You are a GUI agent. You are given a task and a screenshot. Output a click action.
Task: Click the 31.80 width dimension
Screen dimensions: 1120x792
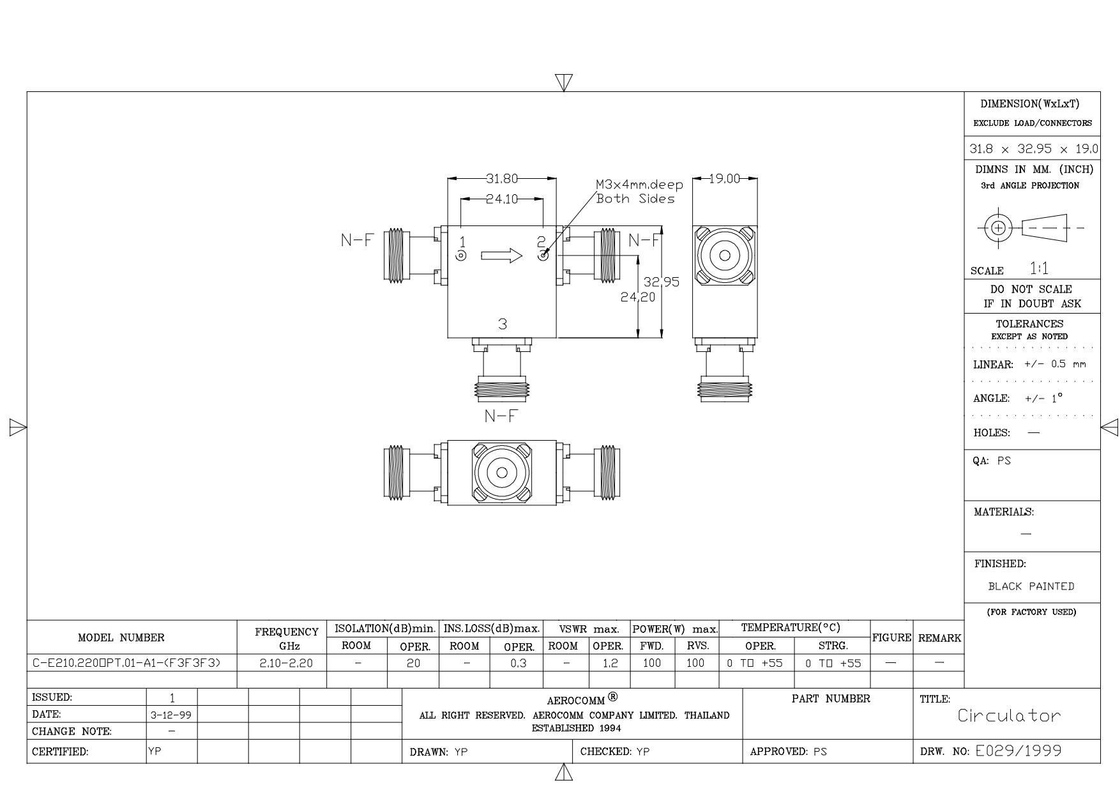point(502,178)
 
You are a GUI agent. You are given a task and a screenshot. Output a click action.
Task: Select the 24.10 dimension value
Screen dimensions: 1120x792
point(502,199)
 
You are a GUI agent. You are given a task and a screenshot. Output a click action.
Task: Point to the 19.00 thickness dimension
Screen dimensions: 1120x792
point(725,179)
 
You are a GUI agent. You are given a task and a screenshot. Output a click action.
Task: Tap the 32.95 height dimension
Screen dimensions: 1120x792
point(662,282)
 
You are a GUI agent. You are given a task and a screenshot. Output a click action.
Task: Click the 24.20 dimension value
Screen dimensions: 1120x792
point(638,296)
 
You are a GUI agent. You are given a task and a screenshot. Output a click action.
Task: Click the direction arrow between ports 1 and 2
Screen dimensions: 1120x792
point(502,256)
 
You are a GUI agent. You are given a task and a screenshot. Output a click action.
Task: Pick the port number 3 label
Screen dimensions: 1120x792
point(503,324)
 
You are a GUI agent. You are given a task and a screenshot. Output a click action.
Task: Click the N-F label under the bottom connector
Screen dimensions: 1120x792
point(501,416)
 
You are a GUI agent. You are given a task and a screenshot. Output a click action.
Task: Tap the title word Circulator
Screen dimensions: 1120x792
point(1009,715)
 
